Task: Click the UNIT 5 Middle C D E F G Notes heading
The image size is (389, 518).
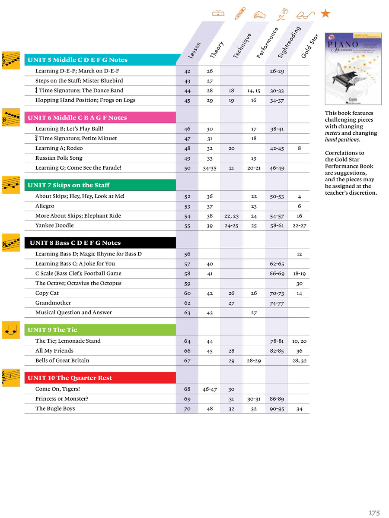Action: click(78, 60)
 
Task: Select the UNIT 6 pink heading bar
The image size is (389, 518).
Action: click(78, 118)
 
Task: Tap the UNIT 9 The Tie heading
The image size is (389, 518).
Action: click(53, 330)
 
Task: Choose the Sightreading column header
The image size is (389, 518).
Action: click(289, 42)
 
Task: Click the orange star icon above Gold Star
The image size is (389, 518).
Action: click(326, 14)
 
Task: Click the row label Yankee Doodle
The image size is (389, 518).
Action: click(54, 225)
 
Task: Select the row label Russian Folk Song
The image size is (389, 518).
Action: click(59, 158)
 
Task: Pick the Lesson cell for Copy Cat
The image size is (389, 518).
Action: click(187, 293)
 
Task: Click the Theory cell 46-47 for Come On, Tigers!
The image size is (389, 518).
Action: click(209, 389)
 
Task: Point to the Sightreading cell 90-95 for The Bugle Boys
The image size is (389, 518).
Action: click(277, 409)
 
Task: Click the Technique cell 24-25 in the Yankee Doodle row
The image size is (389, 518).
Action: click(232, 226)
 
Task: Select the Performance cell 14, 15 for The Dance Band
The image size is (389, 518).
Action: click(254, 91)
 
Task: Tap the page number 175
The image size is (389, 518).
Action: click(374, 512)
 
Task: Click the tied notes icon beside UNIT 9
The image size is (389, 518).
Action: click(11, 330)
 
